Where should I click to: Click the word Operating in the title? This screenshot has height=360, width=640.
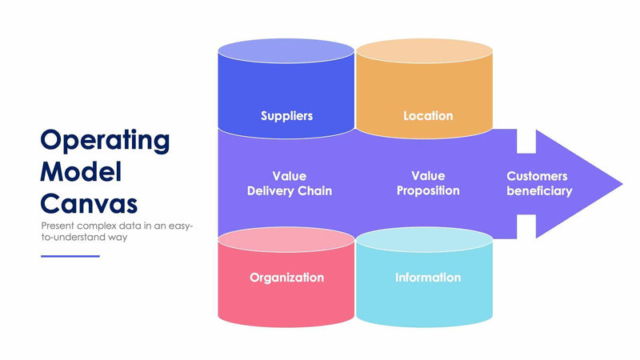pos(105,141)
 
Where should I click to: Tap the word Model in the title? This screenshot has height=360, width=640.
pos(81,171)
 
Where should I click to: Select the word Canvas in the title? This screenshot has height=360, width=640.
pos(89,202)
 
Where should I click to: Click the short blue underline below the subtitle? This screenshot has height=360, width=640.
pos(70,256)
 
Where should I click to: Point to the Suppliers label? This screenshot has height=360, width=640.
pos(286,116)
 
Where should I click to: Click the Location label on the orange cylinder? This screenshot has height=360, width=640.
pos(427,116)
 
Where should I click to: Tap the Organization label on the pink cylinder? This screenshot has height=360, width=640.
pos(286,278)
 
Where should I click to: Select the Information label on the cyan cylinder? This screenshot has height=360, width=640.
pos(427,278)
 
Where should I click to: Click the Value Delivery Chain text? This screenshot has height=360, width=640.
pos(289,183)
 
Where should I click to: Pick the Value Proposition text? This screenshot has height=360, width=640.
pos(428,183)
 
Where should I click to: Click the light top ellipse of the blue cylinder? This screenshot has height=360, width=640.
pos(286,52)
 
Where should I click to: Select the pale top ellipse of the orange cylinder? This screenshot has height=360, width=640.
pos(424,52)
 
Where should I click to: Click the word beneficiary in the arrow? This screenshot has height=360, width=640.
pos(539,191)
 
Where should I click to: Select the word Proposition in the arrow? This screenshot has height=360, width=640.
pos(428,191)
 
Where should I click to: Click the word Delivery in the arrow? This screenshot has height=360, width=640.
pos(273,191)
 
